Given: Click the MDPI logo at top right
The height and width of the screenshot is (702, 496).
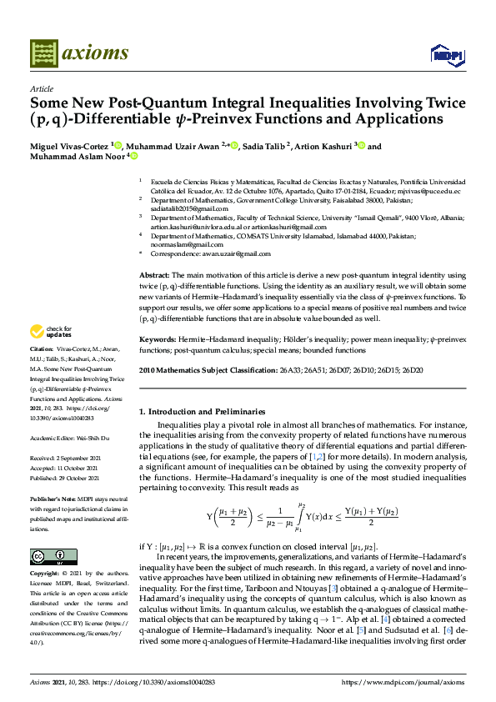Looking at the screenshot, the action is (x=443, y=55).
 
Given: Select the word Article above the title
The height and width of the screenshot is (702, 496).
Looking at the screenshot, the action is (x=41, y=88).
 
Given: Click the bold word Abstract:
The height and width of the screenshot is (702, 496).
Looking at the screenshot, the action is (x=153, y=275).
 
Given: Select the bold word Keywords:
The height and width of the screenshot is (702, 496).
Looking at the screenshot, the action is (x=157, y=340).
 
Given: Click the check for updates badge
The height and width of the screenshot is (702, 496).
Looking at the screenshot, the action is (x=53, y=331).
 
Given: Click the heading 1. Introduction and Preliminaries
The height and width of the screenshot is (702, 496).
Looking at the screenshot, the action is (x=200, y=411).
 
